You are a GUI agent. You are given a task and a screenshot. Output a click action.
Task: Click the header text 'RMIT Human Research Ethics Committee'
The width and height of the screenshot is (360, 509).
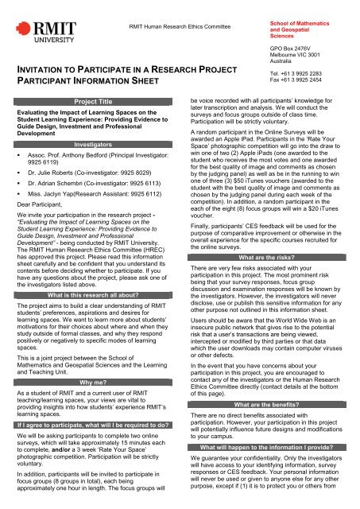click(185, 26)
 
